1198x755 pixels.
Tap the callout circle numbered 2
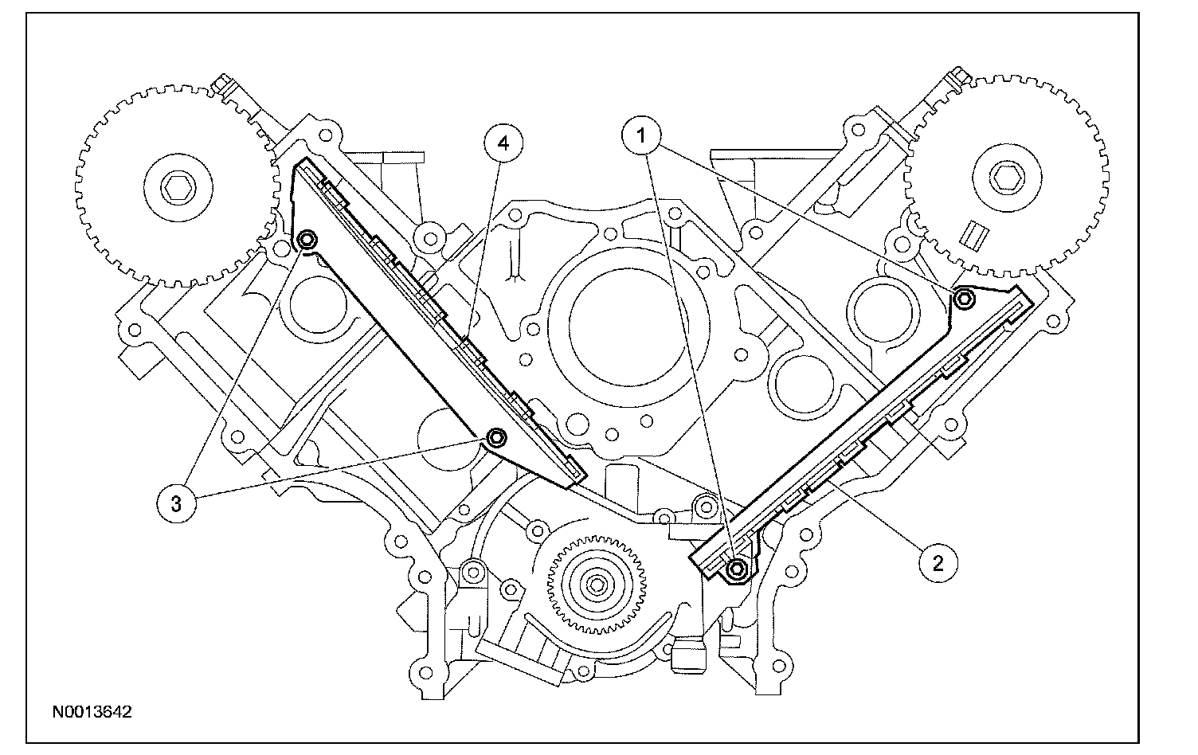click(x=937, y=562)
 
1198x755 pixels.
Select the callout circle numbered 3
click(x=175, y=503)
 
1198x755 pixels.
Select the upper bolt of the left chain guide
click(x=307, y=240)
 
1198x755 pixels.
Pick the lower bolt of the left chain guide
click(x=497, y=437)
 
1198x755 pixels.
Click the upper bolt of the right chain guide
click(x=964, y=299)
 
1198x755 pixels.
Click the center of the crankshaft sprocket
click(x=595, y=585)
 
